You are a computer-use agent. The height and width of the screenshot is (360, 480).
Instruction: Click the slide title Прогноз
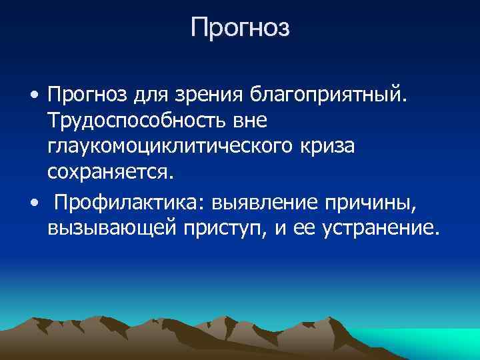point(240,29)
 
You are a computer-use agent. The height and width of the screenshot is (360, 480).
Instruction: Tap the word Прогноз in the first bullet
point(87,97)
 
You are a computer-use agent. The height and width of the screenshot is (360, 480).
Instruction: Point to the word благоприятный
point(326,97)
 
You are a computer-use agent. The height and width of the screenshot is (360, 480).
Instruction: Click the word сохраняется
point(111,173)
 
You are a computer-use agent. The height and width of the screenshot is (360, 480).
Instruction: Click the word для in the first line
point(151,97)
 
